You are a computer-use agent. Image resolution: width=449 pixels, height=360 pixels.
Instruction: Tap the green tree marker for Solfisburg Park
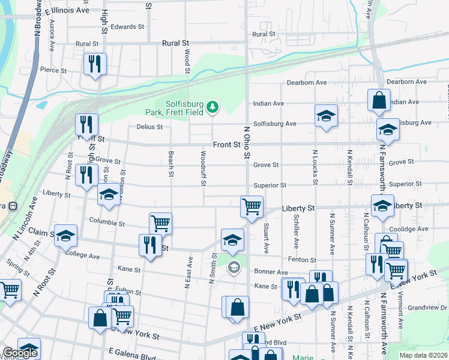pyautogui.click(x=212, y=107)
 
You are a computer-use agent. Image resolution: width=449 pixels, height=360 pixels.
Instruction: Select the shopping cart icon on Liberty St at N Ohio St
pyautogui.click(x=252, y=206)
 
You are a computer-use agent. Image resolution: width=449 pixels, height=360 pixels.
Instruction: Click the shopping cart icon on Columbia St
pyautogui.click(x=160, y=223)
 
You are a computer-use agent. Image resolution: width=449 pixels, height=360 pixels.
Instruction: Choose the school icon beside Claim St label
pyautogui.click(x=65, y=235)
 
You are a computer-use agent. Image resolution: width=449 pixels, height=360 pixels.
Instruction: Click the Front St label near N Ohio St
pyautogui.click(x=226, y=145)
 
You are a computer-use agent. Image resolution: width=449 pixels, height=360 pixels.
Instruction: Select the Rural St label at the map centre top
pyautogui.click(x=176, y=43)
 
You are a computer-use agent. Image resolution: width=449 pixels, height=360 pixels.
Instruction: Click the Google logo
pyautogui.click(x=20, y=353)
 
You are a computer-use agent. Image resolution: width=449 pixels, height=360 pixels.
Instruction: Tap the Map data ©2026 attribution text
pyautogui.click(x=423, y=355)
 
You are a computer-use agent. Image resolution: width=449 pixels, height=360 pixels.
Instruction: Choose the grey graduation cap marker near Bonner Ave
pyautogui.click(x=234, y=267)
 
